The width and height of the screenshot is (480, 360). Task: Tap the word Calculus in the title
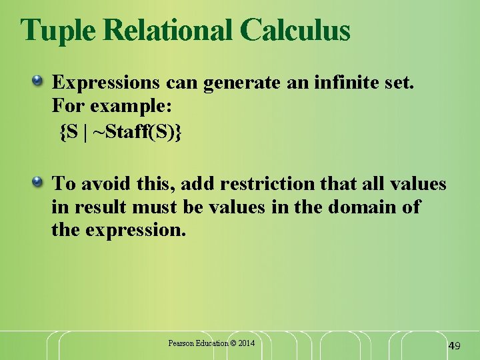pos(295,30)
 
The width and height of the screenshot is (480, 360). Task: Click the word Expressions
pos(105,83)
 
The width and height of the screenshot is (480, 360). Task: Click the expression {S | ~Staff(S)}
pos(120,132)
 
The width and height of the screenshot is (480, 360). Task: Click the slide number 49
pos(454,345)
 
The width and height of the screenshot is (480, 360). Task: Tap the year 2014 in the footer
pos(245,343)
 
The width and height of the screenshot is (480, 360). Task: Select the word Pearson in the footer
pos(180,343)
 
